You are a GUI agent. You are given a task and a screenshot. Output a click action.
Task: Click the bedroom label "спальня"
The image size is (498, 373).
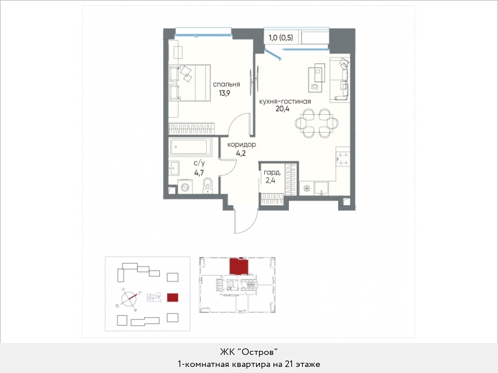click(x=226, y=85)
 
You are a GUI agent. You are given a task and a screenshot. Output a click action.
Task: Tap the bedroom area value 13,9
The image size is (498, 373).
click(x=224, y=93)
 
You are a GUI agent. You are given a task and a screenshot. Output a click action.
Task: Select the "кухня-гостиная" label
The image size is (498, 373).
click(x=285, y=102)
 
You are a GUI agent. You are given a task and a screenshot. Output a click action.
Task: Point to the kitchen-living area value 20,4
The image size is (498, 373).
click(x=283, y=109)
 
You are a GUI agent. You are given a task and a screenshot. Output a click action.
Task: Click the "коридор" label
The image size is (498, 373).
click(x=241, y=145)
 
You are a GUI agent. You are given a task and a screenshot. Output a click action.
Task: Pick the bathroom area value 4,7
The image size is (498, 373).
click(x=199, y=173)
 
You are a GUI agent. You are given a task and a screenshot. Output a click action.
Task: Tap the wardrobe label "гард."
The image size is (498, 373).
click(x=273, y=173)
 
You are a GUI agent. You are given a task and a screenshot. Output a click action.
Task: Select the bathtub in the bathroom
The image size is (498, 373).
click(x=190, y=147)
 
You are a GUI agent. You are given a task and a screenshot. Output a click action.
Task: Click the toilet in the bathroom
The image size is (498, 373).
click(x=208, y=186)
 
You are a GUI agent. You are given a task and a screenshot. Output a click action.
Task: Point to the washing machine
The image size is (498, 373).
click(x=185, y=187)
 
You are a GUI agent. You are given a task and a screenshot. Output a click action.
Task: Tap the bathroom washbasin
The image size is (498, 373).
click(x=174, y=168)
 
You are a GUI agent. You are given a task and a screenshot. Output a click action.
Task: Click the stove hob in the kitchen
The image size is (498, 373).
click(x=343, y=159)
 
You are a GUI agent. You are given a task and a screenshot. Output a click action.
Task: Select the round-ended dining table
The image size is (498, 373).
click(x=317, y=123)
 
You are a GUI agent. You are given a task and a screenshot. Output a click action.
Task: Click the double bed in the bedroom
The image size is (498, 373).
click(x=190, y=83)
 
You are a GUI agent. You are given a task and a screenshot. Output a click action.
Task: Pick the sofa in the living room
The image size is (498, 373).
click(x=340, y=80)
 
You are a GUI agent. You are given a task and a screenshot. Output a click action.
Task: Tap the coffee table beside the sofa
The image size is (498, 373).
click(x=317, y=77)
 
